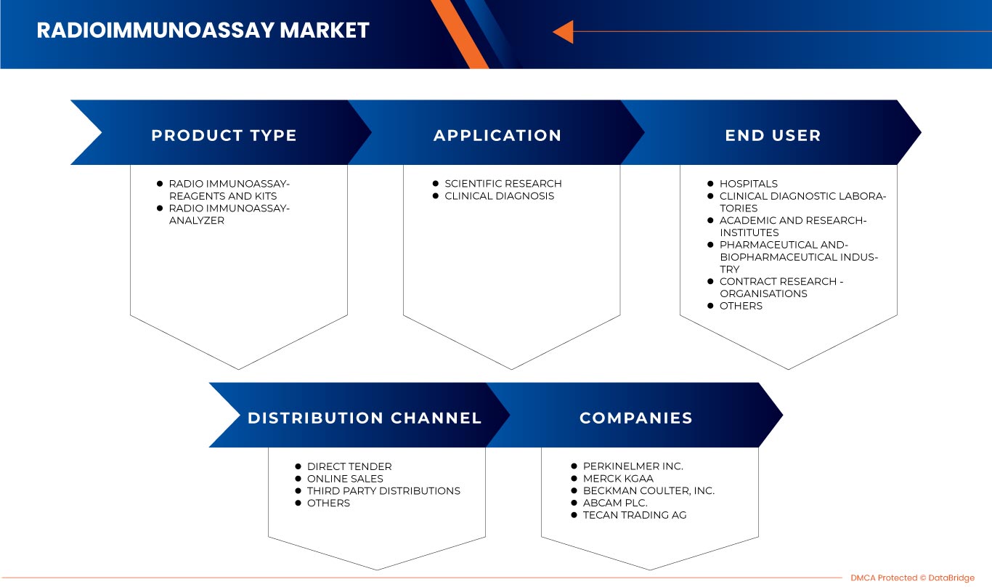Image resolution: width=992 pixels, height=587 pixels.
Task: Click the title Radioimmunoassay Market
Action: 203,31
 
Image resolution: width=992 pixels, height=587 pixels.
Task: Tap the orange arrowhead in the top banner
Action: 563,31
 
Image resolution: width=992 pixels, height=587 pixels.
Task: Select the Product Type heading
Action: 224,136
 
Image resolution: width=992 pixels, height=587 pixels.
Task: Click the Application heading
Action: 497,136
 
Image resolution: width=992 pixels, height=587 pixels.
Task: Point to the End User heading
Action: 773,136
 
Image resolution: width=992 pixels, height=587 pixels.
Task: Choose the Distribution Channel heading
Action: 365,418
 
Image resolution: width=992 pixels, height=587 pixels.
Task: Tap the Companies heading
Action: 635,418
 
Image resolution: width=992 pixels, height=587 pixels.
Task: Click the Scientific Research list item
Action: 503,184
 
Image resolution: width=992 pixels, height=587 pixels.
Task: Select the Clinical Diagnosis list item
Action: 499,196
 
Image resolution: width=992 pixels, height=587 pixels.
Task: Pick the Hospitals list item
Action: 748,185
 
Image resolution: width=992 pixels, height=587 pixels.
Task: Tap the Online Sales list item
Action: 345,479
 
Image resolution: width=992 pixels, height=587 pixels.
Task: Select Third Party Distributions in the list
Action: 383,491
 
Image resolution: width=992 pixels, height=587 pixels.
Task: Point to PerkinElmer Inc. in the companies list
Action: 633,467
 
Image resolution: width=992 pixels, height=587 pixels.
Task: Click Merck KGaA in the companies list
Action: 618,479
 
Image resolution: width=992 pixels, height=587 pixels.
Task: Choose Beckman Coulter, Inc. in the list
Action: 649,491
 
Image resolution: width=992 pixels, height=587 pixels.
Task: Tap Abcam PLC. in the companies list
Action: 615,503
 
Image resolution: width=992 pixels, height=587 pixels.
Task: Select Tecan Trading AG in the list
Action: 634,516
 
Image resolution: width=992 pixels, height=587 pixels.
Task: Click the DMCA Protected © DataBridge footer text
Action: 913,578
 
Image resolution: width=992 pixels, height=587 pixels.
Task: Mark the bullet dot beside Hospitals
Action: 710,185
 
